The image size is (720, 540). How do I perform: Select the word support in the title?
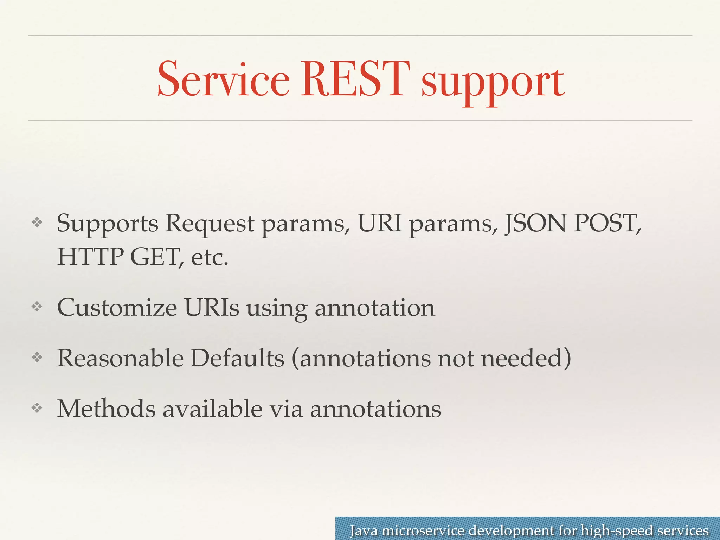[x=493, y=83]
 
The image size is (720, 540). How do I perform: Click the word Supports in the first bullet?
[x=107, y=224]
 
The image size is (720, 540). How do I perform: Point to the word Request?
[x=210, y=224]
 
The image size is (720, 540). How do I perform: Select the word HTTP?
[x=90, y=257]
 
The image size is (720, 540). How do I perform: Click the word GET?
[x=156, y=257]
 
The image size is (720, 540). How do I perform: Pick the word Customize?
[x=117, y=308]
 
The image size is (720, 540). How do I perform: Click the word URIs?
[x=212, y=308]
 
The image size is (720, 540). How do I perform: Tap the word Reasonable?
[x=120, y=358]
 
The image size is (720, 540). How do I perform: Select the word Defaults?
[x=237, y=358]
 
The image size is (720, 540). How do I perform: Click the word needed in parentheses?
[x=525, y=358]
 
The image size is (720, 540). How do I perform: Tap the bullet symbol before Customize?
[x=37, y=307]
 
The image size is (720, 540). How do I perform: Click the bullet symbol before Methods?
[x=37, y=408]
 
